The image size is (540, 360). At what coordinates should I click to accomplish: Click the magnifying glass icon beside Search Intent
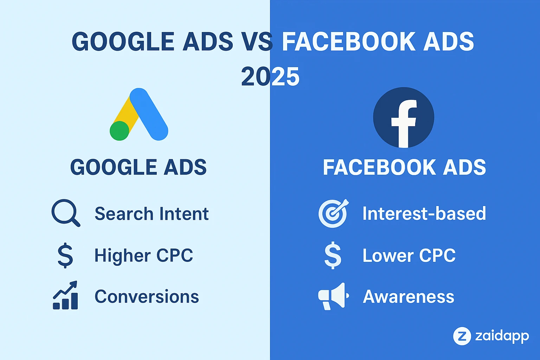point(65,213)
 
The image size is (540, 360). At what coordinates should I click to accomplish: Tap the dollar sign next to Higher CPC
point(65,256)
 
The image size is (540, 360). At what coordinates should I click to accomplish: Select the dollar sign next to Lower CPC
point(333,256)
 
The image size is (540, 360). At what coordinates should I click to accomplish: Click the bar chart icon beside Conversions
point(65,296)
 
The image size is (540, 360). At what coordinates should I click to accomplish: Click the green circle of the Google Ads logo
point(120,131)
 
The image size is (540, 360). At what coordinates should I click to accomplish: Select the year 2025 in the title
point(270,77)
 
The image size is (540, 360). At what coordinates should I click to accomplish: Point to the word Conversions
point(147,296)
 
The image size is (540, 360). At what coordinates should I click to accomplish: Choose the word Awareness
point(409,296)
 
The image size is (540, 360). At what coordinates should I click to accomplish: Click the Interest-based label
point(424,213)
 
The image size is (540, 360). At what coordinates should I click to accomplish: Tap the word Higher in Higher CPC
point(122,256)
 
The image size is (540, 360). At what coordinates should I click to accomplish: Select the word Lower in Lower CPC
point(388,256)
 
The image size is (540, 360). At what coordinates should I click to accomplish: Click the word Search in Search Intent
point(124,214)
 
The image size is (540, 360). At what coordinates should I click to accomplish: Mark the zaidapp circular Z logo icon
point(462,336)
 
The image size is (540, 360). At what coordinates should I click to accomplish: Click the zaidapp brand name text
point(502,336)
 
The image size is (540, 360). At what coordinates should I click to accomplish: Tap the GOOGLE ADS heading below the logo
point(138,167)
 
